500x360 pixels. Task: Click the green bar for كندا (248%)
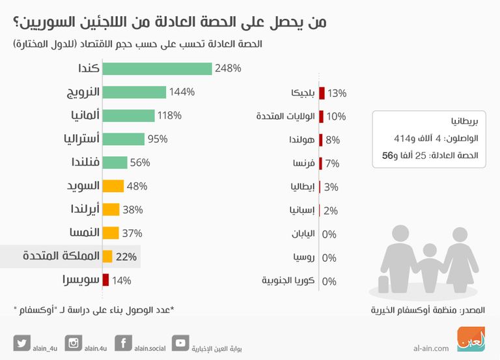pos(158,68)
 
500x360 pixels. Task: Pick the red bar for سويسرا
pos(107,281)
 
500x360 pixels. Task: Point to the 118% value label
pos(168,115)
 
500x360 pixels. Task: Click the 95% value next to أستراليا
pos(158,139)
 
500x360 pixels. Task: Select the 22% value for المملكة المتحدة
pos(126,257)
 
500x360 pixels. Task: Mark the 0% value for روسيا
pos(329,257)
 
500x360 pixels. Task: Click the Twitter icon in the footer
pos(21,343)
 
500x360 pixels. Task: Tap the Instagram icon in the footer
pos(74,343)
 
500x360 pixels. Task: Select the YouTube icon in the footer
pos(180,343)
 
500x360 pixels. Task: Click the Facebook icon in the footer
pos(123,343)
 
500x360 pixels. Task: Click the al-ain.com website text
pos(430,348)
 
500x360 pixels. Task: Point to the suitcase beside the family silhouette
pos(381,284)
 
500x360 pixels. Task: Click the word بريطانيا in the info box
pos(464,122)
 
